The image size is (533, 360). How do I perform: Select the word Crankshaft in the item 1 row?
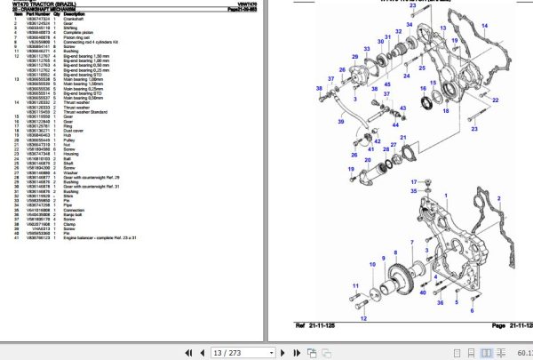click(x=87, y=19)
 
